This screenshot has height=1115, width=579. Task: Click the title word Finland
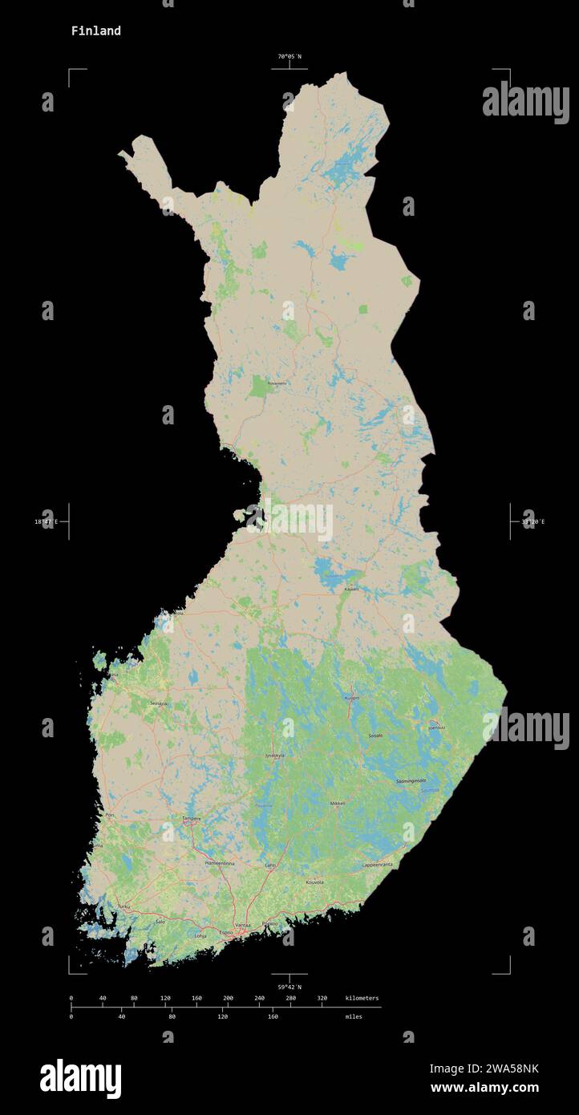click(95, 30)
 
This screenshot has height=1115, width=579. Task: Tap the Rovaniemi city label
click(277, 383)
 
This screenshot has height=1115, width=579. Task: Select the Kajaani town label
click(351, 589)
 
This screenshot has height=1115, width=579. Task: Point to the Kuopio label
click(351, 699)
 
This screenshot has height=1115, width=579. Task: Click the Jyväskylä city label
click(274, 755)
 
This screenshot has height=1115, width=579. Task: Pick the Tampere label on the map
click(191, 818)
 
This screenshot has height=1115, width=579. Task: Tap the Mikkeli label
click(338, 802)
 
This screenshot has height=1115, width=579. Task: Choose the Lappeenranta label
click(377, 865)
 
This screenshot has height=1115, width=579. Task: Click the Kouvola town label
click(314, 882)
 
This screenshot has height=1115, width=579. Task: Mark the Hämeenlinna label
click(220, 863)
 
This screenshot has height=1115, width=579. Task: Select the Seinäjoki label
click(159, 703)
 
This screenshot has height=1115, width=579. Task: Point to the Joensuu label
click(436, 728)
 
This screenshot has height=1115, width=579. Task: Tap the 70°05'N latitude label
click(289, 56)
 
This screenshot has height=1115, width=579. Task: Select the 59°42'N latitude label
click(289, 987)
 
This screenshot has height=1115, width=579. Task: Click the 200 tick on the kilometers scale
click(228, 998)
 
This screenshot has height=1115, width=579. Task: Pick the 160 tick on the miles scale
click(273, 1016)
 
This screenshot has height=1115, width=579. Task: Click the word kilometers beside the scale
click(361, 998)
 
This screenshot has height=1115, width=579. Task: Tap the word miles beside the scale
click(353, 1016)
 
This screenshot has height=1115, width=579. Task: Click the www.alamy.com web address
click(484, 1088)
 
